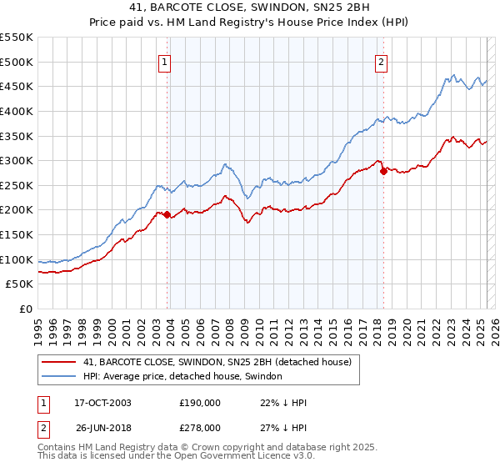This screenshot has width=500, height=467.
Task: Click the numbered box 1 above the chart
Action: pyautogui.click(x=165, y=61)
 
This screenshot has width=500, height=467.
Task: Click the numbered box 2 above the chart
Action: pyautogui.click(x=381, y=61)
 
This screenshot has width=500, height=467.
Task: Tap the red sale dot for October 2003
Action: pyautogui.click(x=167, y=215)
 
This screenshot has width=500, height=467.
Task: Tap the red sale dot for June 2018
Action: pyautogui.click(x=383, y=172)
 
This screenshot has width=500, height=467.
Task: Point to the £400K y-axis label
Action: pyautogui.click(x=17, y=111)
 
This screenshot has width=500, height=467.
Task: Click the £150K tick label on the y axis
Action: pyautogui.click(x=17, y=234)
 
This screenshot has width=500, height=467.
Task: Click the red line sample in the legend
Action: pyautogui.click(x=57, y=362)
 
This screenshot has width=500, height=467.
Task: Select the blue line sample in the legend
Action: pyautogui.click(x=57, y=377)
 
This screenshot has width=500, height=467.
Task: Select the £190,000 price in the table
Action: pyautogui.click(x=200, y=403)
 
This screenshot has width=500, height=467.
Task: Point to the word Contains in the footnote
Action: pyautogui.click(x=59, y=448)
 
